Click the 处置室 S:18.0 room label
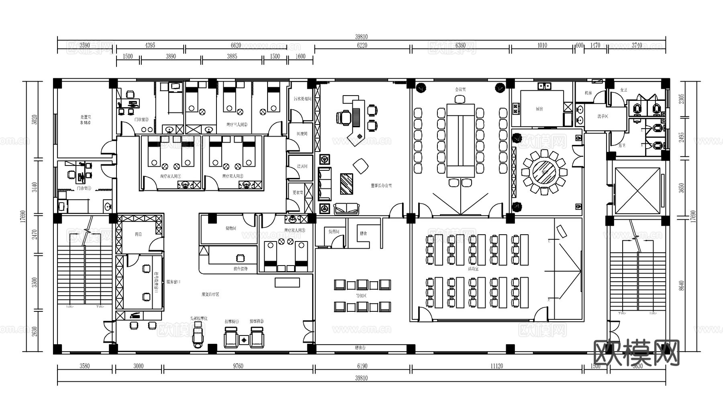tap(85, 120)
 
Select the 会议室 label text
tap(460, 89)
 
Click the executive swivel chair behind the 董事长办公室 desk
tap(344, 117)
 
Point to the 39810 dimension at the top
tap(361, 37)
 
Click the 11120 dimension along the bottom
tap(496, 366)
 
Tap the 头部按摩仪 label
tap(199, 318)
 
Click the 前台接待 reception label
tap(240, 268)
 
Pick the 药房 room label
tap(138, 234)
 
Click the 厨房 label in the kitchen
tap(539, 109)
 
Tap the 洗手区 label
tap(602, 116)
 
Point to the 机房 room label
tap(588, 93)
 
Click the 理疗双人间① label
tap(170, 176)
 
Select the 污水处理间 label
tap(302, 98)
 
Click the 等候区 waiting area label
tap(361, 296)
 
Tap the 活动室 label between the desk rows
tap(473, 268)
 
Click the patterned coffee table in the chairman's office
tap(347, 184)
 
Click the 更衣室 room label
tap(298, 192)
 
